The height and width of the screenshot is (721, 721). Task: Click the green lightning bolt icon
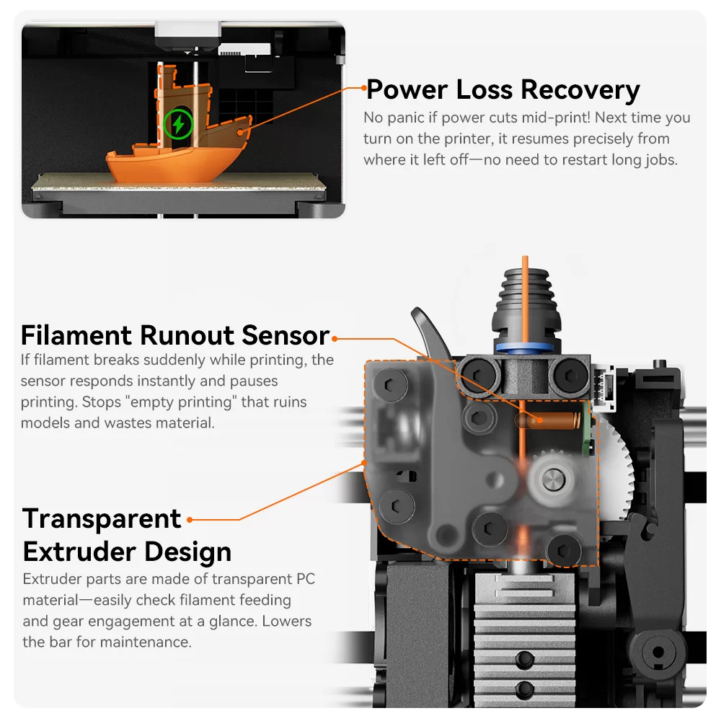(x=177, y=124)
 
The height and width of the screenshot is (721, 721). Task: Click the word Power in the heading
(x=407, y=90)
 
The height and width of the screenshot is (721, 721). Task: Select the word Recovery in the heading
(x=580, y=90)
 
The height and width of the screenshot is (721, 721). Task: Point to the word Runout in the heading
(x=187, y=335)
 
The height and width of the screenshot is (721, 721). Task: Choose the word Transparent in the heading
(x=102, y=518)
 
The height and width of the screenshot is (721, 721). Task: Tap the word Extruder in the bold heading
(x=79, y=552)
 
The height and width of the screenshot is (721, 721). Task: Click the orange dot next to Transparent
(x=190, y=518)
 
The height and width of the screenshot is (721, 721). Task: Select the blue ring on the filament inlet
(x=526, y=348)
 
